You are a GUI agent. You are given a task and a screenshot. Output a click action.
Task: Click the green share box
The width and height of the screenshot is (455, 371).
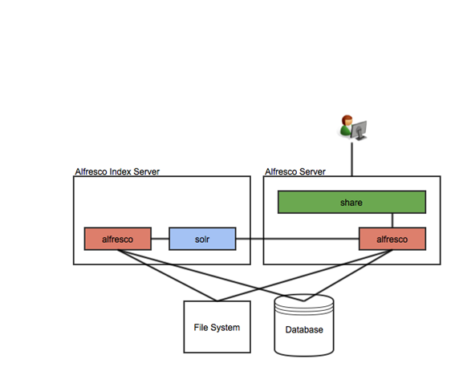pyautogui.click(x=351, y=202)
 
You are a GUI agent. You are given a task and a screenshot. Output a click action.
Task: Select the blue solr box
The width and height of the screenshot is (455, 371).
pyautogui.click(x=202, y=239)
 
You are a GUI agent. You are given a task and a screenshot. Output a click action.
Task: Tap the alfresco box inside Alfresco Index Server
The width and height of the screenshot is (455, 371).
pyautogui.click(x=117, y=239)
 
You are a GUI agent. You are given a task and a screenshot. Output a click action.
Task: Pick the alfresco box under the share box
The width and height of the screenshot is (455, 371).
pyautogui.click(x=392, y=239)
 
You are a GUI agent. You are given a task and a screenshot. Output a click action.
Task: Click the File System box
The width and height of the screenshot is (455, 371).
pyautogui.click(x=217, y=327)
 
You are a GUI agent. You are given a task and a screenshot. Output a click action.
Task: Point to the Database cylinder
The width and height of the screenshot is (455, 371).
pyautogui.click(x=304, y=325)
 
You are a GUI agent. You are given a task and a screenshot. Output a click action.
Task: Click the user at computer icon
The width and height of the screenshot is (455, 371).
pyautogui.click(x=353, y=127)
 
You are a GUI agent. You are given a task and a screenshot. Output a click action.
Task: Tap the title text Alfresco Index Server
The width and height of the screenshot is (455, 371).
pyautogui.click(x=117, y=171)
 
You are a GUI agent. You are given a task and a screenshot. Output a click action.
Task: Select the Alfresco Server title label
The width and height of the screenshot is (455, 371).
pyautogui.click(x=295, y=171)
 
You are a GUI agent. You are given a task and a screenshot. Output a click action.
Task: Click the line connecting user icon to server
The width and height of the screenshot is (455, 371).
pyautogui.click(x=352, y=159)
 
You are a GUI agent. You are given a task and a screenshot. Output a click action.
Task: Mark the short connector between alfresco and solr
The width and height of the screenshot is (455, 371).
pyautogui.click(x=160, y=239)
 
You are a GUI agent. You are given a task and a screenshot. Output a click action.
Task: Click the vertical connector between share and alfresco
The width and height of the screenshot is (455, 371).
pyautogui.click(x=392, y=220)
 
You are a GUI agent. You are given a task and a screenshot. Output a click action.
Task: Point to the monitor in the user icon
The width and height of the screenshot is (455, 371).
pyautogui.click(x=359, y=130)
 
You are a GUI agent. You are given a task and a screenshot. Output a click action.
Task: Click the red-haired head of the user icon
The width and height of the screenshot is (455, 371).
pyautogui.click(x=347, y=120)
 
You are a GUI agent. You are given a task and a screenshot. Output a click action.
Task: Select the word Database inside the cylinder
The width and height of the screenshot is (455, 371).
pyautogui.click(x=304, y=329)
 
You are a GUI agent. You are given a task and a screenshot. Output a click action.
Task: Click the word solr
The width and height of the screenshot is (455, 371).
pyautogui.click(x=202, y=239)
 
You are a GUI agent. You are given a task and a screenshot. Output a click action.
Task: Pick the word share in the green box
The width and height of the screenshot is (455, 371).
pyautogui.click(x=351, y=202)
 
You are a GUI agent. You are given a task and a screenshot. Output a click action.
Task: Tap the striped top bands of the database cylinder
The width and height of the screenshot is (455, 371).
pyautogui.click(x=304, y=309)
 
